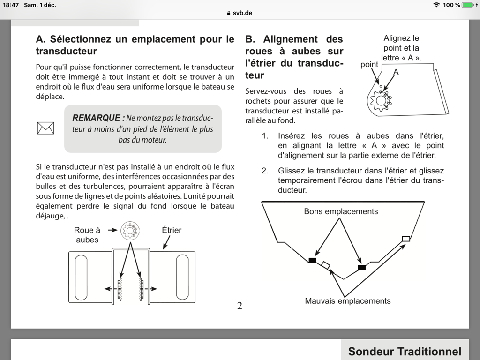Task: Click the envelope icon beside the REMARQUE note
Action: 45,127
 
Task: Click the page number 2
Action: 240,306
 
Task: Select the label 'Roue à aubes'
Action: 87,235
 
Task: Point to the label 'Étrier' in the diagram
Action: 172,230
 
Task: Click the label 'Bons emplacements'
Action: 341,211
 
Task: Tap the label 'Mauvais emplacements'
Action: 348,301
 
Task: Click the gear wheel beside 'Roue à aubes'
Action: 130,230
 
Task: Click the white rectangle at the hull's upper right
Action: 406,239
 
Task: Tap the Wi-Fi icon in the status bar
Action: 436,5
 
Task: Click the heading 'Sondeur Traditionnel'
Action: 405,352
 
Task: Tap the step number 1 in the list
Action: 265,136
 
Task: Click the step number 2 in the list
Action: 265,171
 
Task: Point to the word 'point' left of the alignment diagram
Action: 369,65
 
